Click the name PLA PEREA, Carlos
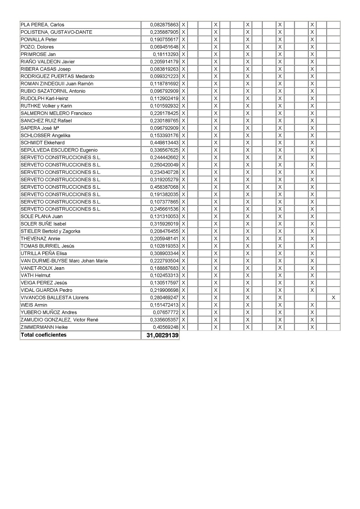click(x=42, y=25)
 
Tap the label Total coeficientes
click(x=43, y=335)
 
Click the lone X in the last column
click(x=334, y=298)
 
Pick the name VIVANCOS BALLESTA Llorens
click(x=54, y=298)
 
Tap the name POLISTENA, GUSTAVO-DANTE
click(x=56, y=32)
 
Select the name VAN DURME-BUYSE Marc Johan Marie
click(x=64, y=261)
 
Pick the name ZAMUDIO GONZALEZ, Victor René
click(x=59, y=319)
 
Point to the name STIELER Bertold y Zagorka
click(x=50, y=231)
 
